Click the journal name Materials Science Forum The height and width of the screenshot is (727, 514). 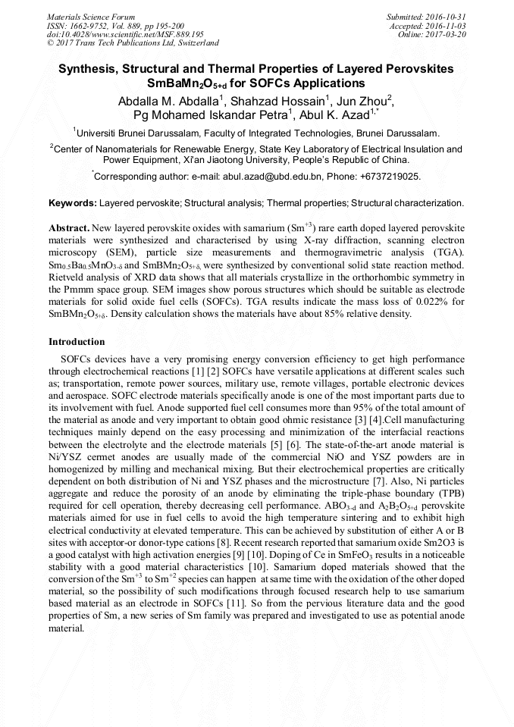coord(91,17)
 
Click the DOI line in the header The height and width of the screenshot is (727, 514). coord(125,34)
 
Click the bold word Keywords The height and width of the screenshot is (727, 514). coord(73,203)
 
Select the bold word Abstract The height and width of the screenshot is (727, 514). coord(69,228)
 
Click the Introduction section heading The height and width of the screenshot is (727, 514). coord(77,342)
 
